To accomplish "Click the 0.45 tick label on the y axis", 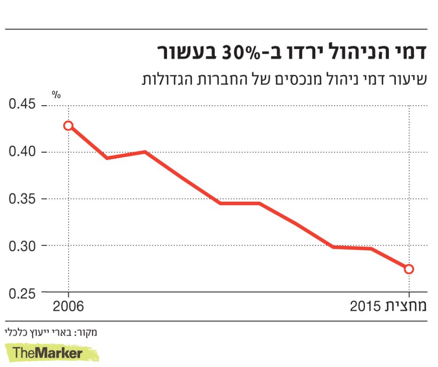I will pos(22,104).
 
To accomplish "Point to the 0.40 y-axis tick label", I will pos(22,152).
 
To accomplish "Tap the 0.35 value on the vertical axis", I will pos(22,198).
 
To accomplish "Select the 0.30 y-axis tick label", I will pos(22,245).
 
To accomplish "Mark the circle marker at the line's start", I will pos(68,125).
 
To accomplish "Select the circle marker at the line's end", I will pos(409,269).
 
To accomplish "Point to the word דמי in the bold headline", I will pos(410,52).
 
